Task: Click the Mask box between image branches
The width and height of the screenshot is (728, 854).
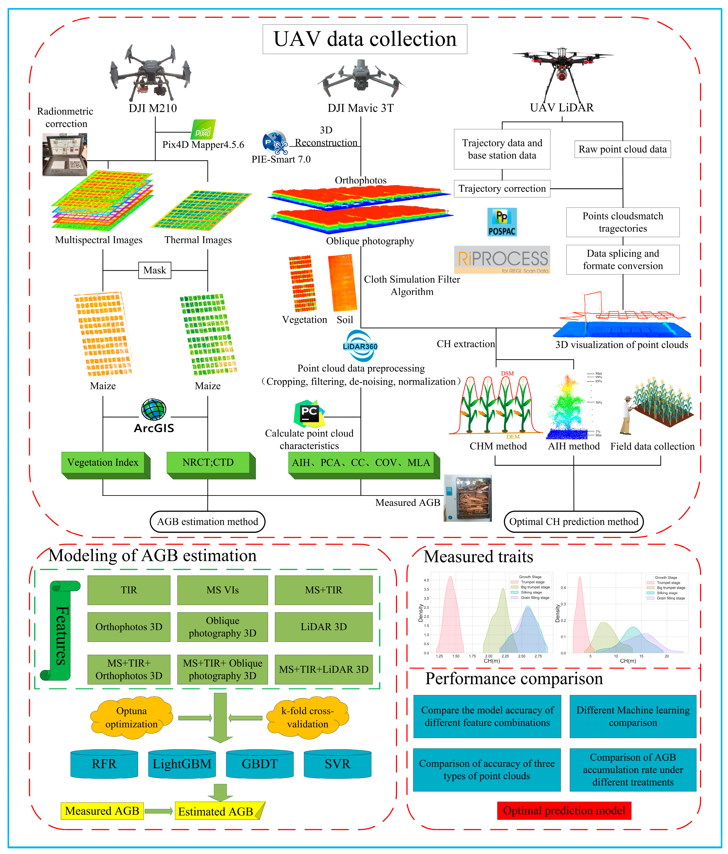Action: pos(155,270)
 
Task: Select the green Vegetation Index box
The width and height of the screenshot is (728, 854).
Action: pos(103,463)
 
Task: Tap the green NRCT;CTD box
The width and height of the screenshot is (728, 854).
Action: pos(208,463)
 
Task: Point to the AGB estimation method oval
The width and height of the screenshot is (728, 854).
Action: pos(207,522)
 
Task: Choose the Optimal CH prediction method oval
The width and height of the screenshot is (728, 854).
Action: pos(573,522)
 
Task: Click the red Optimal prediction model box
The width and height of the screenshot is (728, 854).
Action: pos(564,811)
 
